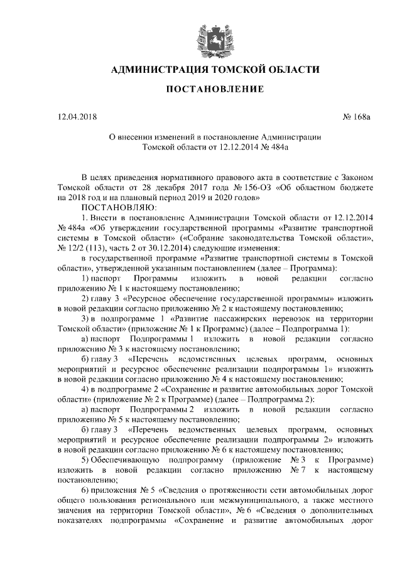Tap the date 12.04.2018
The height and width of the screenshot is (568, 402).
(x=77, y=117)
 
